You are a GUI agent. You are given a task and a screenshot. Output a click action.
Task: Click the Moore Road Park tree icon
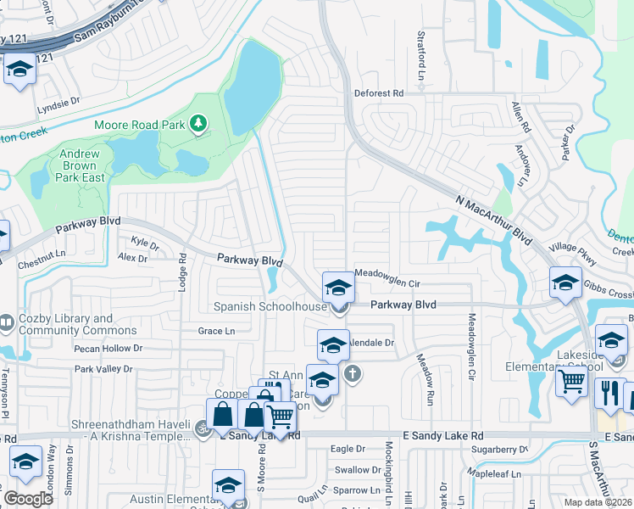coord(199,125)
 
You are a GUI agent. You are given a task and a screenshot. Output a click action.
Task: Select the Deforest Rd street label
coord(379,92)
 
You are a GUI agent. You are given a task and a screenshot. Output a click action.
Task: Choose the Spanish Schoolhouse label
coord(270,307)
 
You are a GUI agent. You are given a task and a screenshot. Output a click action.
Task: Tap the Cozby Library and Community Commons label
coord(65,325)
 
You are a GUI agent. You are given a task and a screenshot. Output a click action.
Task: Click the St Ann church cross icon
coord(353,372)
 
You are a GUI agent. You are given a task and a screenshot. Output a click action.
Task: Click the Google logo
coord(28,499)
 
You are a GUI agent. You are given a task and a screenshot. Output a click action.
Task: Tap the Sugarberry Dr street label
coord(499,449)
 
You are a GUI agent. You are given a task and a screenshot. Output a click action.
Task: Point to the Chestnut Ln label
coord(42,254)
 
